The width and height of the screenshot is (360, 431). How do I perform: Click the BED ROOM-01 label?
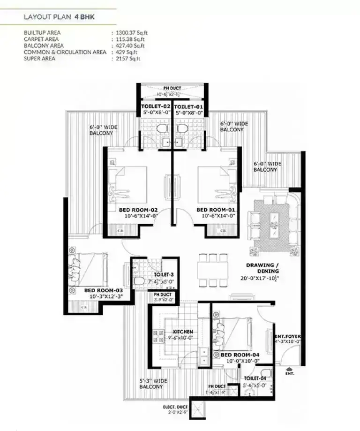pos(216,209)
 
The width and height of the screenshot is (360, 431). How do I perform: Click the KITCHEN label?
pos(183,331)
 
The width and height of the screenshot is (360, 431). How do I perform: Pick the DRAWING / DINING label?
pos(263,268)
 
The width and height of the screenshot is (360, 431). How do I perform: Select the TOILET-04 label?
pos(255,378)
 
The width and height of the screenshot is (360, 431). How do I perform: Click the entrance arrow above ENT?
pos(288,368)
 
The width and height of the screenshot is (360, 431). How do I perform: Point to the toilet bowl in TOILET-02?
pos(161,128)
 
